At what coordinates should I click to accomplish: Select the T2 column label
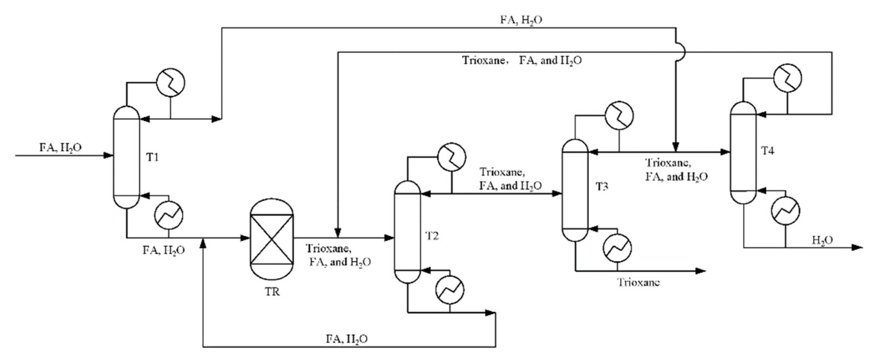(432, 236)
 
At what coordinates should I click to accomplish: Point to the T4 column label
(768, 150)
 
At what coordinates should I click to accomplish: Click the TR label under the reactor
(272, 292)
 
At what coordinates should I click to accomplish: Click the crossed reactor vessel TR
(272, 240)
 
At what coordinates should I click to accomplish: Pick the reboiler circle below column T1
(169, 215)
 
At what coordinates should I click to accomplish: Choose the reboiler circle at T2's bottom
(450, 290)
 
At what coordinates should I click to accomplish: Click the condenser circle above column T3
(619, 116)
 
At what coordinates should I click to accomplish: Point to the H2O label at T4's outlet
(822, 240)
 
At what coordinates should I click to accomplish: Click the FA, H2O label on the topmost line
(521, 20)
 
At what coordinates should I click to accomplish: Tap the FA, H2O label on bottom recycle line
(347, 339)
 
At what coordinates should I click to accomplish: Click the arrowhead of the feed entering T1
(108, 156)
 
